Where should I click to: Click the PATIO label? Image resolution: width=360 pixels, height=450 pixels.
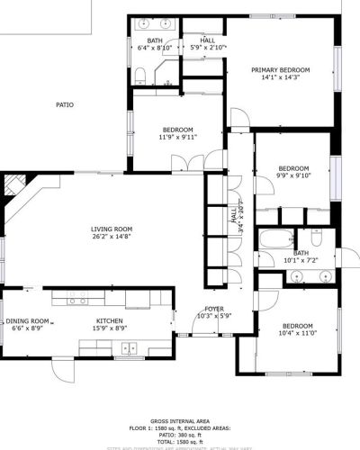tap(65, 104)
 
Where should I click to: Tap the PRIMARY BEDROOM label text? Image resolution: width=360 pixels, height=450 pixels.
tap(280, 69)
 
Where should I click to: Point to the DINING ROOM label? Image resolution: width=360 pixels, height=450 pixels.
tap(30, 320)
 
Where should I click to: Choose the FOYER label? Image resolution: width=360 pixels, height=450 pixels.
tap(214, 308)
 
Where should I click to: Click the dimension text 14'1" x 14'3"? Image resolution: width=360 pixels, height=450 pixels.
tap(280, 78)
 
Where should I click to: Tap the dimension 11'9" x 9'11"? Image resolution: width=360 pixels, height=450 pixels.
tap(177, 137)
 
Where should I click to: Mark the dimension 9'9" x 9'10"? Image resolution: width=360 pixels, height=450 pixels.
tap(293, 176)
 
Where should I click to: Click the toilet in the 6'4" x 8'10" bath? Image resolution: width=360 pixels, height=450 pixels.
tap(140, 79)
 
